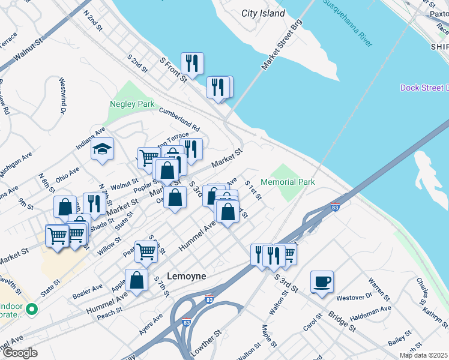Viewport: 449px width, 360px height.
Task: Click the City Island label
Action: pyautogui.click(x=263, y=13)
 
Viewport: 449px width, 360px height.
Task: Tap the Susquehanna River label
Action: pyautogui.click(x=349, y=23)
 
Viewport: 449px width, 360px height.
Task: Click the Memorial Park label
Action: pyautogui.click(x=288, y=181)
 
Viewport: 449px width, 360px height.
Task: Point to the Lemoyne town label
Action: pyautogui.click(x=186, y=276)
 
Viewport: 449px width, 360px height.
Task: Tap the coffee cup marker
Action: pyautogui.click(x=322, y=281)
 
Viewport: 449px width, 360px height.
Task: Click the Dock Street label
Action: pyautogui.click(x=424, y=88)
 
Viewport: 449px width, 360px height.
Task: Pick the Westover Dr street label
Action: pyautogui.click(x=354, y=297)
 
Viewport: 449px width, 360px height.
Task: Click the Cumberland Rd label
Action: pyautogui.click(x=179, y=119)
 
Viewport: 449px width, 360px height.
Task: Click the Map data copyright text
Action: pyautogui.click(x=423, y=355)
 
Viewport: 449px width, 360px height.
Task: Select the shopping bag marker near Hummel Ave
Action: pyautogui.click(x=137, y=280)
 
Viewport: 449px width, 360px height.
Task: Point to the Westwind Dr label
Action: pyautogui.click(x=62, y=95)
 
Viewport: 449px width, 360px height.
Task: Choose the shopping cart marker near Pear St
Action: pyautogui.click(x=146, y=252)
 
